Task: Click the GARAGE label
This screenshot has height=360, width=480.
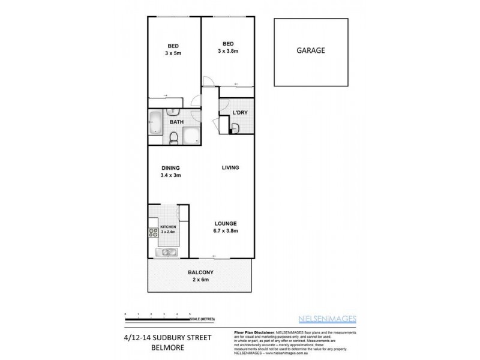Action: coord(310,51)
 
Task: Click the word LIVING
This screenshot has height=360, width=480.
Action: coord(230,167)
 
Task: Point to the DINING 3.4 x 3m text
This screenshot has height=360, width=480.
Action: coord(170,172)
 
